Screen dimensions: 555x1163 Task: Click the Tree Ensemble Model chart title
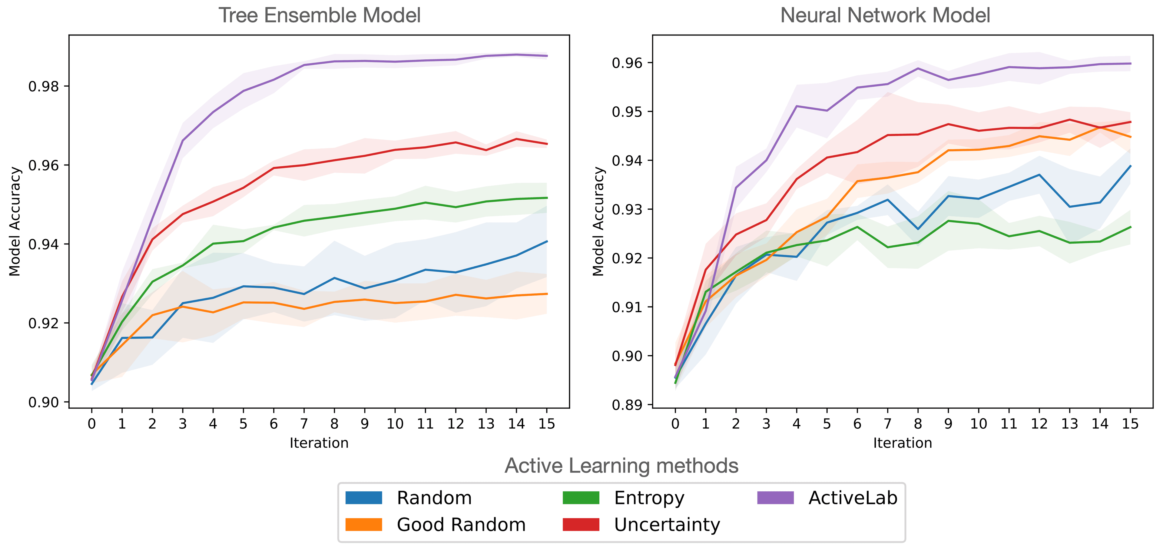point(319,15)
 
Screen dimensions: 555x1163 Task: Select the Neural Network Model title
point(885,15)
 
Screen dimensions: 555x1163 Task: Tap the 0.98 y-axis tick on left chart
point(43,86)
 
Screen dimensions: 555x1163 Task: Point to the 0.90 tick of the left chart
point(43,402)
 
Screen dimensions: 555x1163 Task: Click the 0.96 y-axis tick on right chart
point(627,63)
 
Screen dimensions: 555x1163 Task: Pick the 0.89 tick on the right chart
point(627,405)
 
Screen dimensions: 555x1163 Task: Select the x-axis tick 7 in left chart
point(304,424)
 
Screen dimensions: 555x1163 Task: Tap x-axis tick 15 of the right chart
point(1130,424)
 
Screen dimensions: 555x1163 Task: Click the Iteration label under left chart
point(319,443)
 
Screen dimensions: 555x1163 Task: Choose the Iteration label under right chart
point(903,443)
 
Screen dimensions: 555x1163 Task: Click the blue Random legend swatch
point(363,498)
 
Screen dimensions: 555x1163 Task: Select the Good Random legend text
point(461,525)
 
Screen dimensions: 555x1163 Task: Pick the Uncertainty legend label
point(667,525)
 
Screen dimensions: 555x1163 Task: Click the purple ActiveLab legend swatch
point(775,498)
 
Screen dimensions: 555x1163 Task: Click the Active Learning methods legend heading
point(621,466)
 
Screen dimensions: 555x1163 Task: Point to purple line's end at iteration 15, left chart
point(547,56)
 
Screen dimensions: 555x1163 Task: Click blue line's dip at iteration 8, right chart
point(918,229)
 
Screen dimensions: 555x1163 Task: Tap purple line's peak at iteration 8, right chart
point(918,69)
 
